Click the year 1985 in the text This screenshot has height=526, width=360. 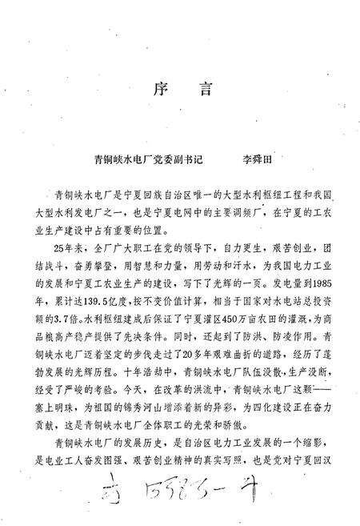[x=325, y=283]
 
